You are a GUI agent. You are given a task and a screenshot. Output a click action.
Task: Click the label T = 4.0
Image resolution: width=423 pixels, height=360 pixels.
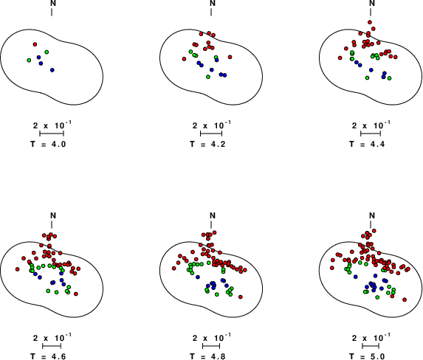click(48, 145)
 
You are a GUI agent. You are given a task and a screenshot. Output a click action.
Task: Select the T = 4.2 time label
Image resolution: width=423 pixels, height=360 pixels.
click(207, 145)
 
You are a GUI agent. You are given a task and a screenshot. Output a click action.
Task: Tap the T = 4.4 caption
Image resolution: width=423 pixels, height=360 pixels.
click(367, 145)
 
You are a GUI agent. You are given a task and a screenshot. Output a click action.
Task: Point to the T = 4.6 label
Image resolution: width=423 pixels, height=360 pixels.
click(48, 356)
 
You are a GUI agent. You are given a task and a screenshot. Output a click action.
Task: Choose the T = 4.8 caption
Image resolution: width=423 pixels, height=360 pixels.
click(207, 356)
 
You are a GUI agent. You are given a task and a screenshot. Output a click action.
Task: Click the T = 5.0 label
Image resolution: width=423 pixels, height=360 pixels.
click(367, 356)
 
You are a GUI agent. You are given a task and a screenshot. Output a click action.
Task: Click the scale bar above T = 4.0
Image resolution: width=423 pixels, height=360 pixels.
click(52, 134)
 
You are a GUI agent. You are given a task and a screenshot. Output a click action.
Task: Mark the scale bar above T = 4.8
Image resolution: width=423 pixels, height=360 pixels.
click(211, 346)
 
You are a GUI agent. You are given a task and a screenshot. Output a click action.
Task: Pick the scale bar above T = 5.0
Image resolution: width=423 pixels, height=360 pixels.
click(371, 346)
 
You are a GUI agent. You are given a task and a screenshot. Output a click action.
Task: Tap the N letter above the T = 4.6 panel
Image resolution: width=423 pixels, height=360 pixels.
click(53, 215)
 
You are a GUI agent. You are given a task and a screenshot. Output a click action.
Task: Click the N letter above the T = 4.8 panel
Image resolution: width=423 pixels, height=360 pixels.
click(213, 215)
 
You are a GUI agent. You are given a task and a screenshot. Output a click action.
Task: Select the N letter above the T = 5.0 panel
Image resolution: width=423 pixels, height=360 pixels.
click(372, 215)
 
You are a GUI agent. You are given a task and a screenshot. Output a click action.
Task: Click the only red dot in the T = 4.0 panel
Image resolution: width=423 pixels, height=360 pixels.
click(35, 44)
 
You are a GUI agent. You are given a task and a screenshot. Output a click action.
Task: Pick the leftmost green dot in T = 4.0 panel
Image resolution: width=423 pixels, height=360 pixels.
click(29, 60)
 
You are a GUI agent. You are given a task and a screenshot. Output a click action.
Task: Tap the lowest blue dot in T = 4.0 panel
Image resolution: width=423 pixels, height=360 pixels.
click(52, 70)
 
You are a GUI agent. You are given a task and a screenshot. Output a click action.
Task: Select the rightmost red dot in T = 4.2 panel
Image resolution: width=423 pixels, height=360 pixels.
click(230, 57)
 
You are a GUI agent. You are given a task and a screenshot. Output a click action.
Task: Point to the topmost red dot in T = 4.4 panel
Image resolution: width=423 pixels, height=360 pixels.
click(370, 22)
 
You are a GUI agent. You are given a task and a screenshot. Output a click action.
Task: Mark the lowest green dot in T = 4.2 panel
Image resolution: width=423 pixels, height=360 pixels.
click(208, 77)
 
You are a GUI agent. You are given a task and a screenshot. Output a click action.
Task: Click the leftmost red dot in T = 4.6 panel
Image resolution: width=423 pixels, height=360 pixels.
click(18, 269)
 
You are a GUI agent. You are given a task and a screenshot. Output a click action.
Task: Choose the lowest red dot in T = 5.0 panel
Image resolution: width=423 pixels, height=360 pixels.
click(405, 300)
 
